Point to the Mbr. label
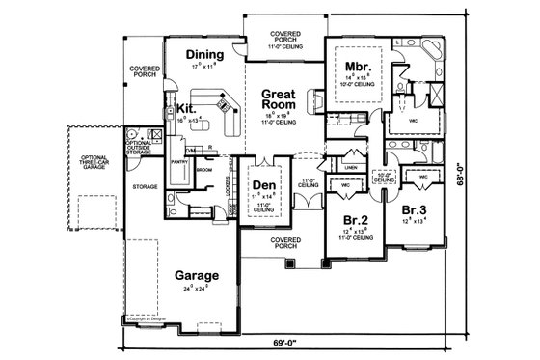[358, 67]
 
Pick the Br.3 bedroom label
[415, 209]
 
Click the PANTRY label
[178, 163]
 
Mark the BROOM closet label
[203, 169]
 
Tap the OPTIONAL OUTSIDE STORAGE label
[139, 146]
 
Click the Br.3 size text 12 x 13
[415, 220]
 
